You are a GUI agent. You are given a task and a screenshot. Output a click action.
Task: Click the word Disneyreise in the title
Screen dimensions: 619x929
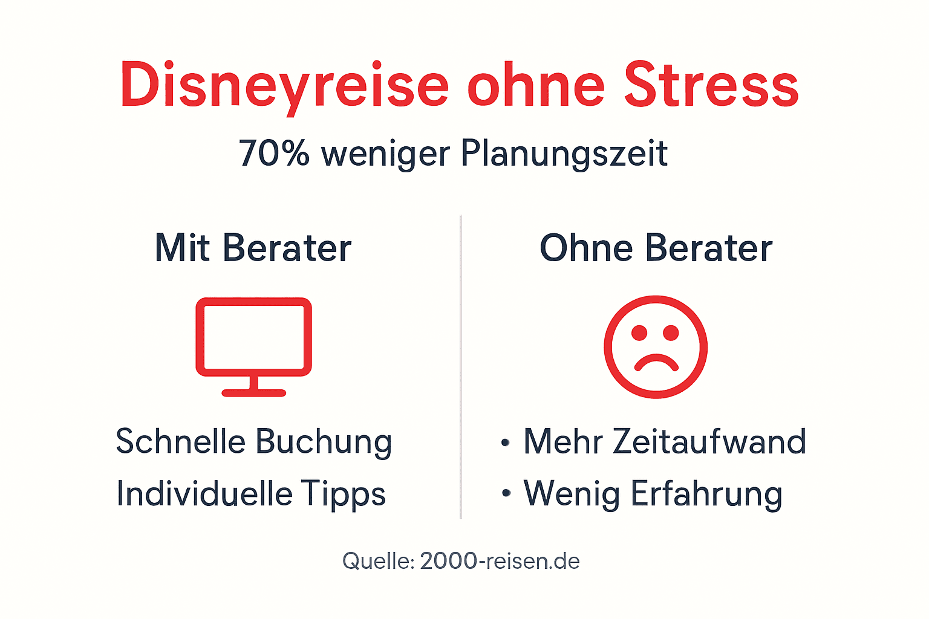pos(284,86)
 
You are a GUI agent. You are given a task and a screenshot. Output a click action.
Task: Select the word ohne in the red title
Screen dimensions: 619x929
pos(536,86)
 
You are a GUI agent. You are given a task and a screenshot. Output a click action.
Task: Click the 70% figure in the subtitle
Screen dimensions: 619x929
pos(274,154)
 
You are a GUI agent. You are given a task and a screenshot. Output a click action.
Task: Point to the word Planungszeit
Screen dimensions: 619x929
pos(564,154)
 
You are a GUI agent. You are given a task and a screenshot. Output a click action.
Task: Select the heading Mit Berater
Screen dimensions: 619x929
pos(253,248)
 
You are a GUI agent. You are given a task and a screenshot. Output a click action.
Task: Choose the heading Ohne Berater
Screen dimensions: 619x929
pos(656,248)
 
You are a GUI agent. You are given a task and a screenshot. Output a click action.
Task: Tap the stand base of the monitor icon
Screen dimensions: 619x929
pos(253,393)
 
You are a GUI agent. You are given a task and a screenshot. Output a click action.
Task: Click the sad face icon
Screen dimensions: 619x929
pos(656,347)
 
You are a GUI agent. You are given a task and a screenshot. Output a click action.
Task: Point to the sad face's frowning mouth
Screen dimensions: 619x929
pos(656,361)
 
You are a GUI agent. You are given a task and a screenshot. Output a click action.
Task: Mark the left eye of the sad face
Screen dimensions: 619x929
pos(639,332)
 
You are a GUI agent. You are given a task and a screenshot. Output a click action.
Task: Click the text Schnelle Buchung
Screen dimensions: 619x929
pos(254,442)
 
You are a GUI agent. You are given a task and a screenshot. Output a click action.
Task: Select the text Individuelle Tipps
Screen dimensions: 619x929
pos(251,494)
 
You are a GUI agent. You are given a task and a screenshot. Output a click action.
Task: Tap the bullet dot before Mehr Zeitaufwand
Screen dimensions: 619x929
pos(506,443)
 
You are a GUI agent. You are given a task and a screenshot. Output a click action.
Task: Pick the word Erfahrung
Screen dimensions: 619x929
pos(706,494)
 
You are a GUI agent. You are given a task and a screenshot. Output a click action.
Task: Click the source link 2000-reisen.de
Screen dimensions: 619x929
pos(500,561)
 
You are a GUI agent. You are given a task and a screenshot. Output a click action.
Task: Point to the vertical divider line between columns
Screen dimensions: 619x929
pos(461,366)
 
